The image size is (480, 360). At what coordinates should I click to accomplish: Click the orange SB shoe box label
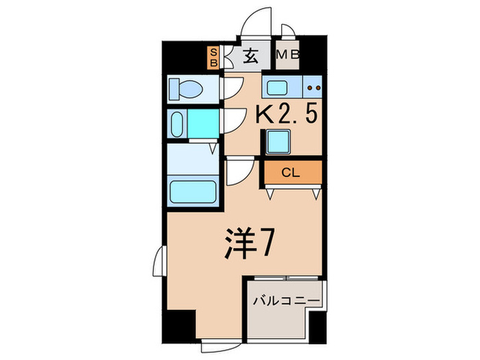pos(214,57)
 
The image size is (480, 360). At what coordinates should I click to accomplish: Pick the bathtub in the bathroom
pos(192,190)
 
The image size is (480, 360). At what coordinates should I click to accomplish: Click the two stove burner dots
pos(314,88)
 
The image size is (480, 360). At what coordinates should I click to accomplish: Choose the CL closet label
pos(290,173)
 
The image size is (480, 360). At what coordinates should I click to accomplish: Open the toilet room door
pos(232,88)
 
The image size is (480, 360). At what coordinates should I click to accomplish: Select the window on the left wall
pos(158,261)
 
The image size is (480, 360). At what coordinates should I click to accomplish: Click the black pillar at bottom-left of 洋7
pos(181,326)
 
